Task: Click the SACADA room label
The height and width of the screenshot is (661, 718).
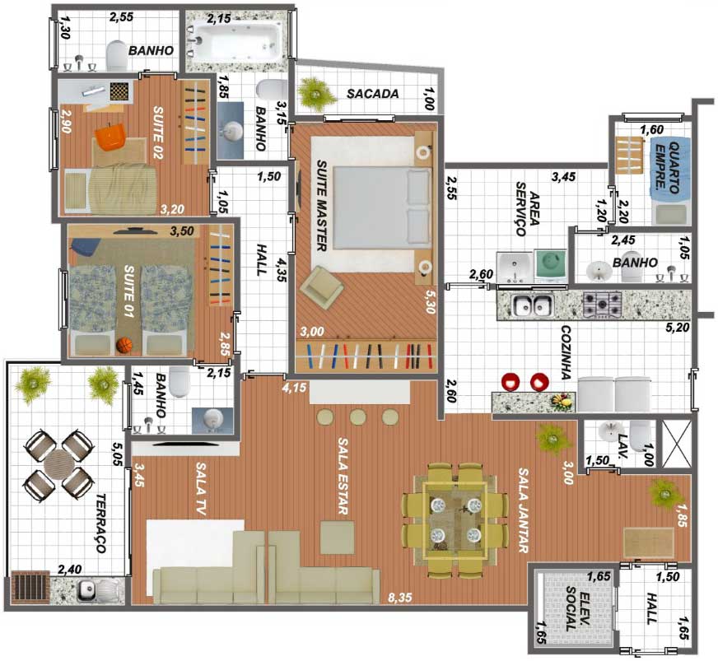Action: (372, 94)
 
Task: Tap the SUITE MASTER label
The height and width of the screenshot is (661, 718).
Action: (322, 206)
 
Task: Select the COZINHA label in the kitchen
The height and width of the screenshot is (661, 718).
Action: (566, 352)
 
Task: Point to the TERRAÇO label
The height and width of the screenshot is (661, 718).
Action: (100, 523)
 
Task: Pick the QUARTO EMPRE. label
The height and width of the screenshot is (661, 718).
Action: (668, 167)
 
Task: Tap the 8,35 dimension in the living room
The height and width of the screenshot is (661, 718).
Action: (399, 598)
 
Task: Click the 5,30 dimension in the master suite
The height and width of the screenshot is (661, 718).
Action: (430, 301)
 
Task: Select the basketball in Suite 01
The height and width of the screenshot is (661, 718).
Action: (124, 345)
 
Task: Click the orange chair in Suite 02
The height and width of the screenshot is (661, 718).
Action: (110, 137)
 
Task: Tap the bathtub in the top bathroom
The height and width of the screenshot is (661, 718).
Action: (234, 41)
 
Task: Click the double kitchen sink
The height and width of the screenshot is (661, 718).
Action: (533, 305)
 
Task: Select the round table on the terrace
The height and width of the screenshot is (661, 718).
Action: (59, 464)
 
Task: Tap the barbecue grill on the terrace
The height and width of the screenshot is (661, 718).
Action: (30, 586)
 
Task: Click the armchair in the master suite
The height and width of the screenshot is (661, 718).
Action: (321, 288)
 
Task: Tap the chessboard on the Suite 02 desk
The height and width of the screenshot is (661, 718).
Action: (120, 91)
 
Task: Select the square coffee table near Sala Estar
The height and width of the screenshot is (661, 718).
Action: (337, 538)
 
